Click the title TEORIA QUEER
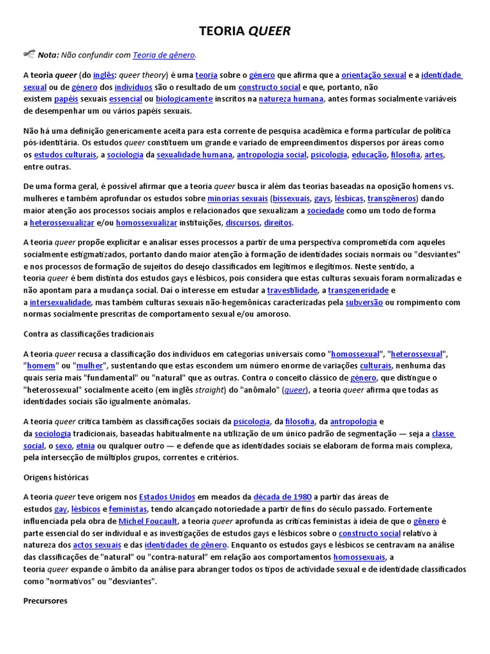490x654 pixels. tap(245, 32)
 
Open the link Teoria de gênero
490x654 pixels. tap(164, 55)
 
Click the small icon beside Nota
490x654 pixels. tap(29, 54)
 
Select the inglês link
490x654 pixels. tap(105, 75)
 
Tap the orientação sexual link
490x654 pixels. tap(374, 75)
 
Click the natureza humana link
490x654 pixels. tap(292, 99)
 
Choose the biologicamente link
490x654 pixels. tap(184, 99)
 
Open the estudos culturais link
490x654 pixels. tap(65, 155)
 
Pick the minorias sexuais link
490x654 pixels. tap(237, 199)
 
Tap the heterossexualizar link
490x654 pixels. tap(61, 223)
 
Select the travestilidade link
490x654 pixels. tap(292, 291)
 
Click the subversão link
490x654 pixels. tap(364, 302)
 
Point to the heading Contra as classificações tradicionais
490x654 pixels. tap(89, 334)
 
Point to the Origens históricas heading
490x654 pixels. tap(56, 477)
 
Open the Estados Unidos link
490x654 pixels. tap(167, 497)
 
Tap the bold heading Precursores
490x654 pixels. tap(45, 601)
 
